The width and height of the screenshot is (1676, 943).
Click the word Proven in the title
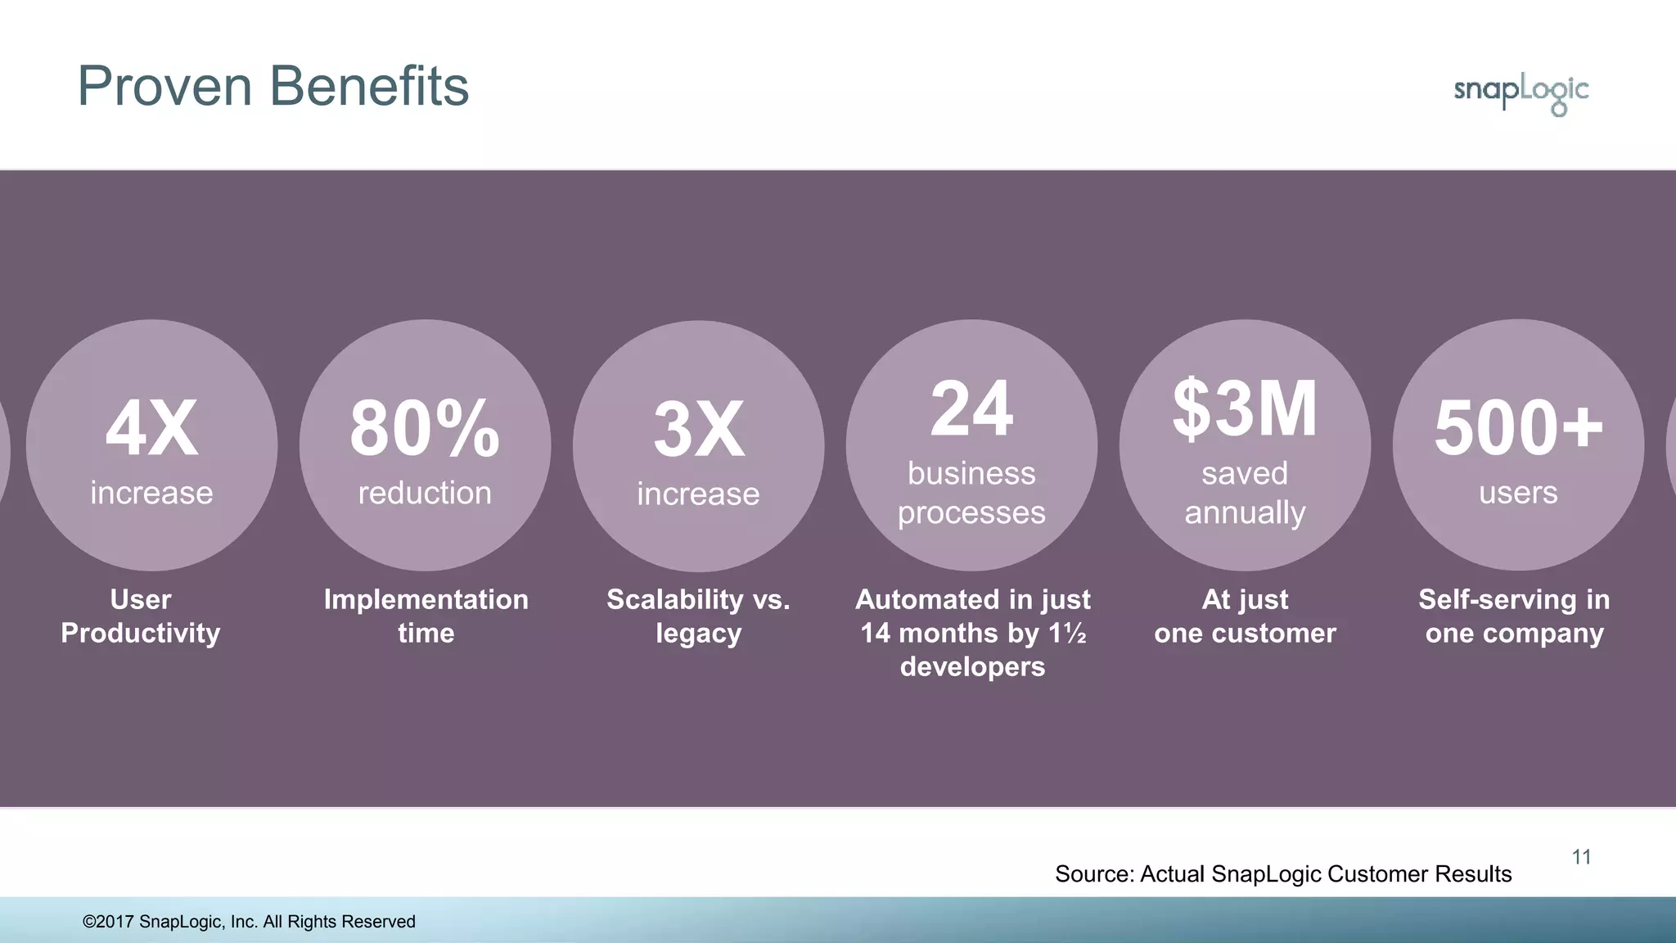[x=164, y=86]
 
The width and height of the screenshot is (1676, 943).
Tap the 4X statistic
[x=151, y=428]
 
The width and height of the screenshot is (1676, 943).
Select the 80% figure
[x=425, y=428]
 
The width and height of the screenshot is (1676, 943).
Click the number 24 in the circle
[x=971, y=408]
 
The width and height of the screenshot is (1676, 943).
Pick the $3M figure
[x=1245, y=408]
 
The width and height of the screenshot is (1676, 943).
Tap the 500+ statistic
[x=1518, y=428]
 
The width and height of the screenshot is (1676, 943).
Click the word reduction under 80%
[x=425, y=493]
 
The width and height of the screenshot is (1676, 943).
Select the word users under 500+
[x=1518, y=493]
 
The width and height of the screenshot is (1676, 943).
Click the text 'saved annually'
[x=1245, y=493]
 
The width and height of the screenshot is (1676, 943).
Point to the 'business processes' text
[x=971, y=493]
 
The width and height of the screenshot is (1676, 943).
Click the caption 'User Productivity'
[x=141, y=616]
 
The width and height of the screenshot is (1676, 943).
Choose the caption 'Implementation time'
[x=426, y=616]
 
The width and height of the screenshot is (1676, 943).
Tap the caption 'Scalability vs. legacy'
[x=698, y=616]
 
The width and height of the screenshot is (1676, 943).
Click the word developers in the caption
[x=972, y=666]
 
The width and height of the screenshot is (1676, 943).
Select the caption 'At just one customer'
[x=1245, y=616]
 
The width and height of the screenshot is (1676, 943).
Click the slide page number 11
[x=1581, y=857]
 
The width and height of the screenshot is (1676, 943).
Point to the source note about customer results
[x=1283, y=874]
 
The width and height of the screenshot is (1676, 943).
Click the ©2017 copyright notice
[x=249, y=922]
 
